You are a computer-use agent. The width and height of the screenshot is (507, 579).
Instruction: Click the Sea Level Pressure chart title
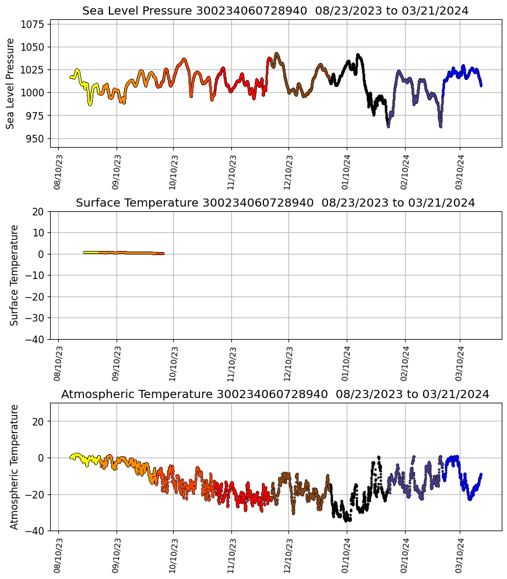click(275, 11)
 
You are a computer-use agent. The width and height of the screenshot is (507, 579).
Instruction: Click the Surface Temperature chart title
click(275, 203)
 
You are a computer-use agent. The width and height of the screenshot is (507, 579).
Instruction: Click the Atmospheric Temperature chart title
click(275, 395)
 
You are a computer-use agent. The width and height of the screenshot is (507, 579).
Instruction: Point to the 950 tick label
click(35, 139)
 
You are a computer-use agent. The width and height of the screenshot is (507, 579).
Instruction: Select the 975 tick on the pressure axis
click(35, 116)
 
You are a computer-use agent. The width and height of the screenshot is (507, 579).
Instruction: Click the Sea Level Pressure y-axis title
click(10, 83)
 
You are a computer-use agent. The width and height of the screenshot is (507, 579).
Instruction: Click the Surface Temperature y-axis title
click(14, 275)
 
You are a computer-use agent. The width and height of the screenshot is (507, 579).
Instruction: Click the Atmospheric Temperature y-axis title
click(14, 466)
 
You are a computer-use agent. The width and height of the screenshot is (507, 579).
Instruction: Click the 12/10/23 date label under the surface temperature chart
click(288, 362)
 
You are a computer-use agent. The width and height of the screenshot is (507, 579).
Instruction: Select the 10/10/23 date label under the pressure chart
click(172, 170)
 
